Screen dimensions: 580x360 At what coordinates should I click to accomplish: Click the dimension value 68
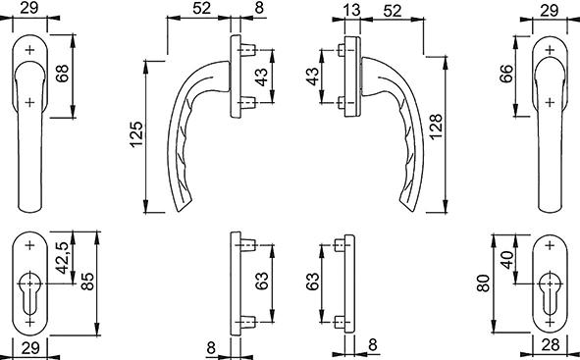pyautogui.click(x=62, y=74)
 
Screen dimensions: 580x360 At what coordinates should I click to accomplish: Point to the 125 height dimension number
pyautogui.click(x=136, y=134)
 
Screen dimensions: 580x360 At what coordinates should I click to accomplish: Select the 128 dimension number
pyautogui.click(x=436, y=127)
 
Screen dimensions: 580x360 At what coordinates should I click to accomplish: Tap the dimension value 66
pyautogui.click(x=506, y=74)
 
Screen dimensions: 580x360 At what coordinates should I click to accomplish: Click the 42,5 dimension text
pyautogui.click(x=62, y=258)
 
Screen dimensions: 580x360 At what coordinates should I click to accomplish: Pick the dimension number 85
pyautogui.click(x=87, y=282)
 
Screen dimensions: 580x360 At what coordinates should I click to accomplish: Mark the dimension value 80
pyautogui.click(x=484, y=283)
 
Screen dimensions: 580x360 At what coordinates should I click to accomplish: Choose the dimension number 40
pyautogui.click(x=507, y=260)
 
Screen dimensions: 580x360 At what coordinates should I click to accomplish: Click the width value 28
pyautogui.click(x=550, y=345)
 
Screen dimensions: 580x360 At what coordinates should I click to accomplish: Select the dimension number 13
pyautogui.click(x=351, y=10)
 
